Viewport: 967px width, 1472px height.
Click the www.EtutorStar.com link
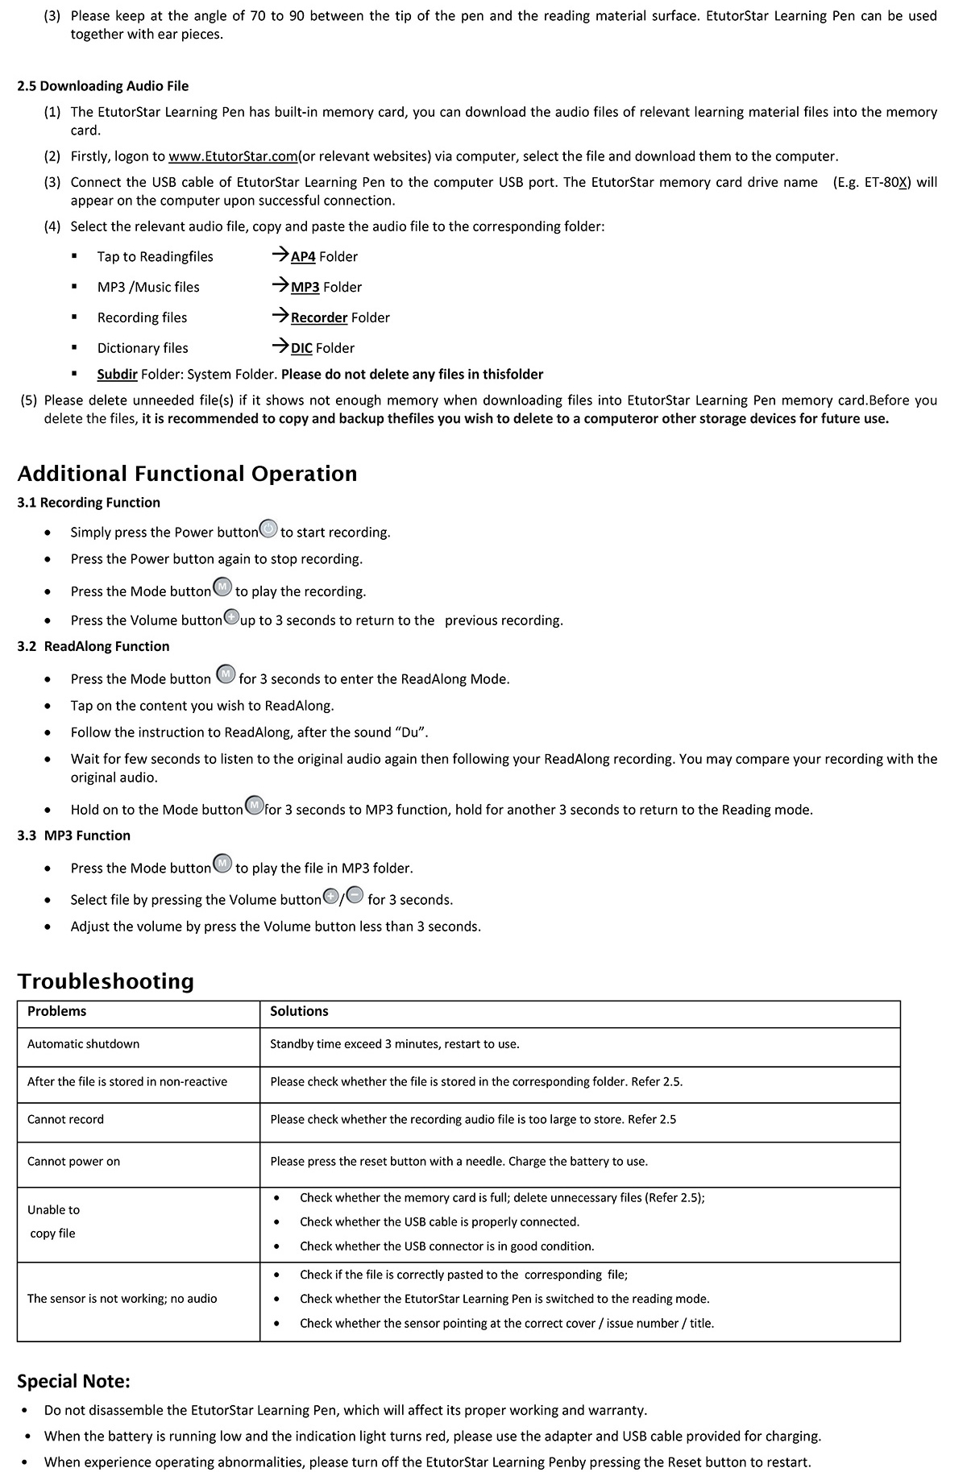click(x=233, y=156)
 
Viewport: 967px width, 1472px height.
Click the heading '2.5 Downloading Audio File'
click(x=103, y=86)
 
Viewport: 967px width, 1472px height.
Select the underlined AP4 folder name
click(x=303, y=257)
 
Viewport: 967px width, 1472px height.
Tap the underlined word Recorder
click(x=319, y=318)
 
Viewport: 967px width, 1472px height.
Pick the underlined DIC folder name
click(x=301, y=348)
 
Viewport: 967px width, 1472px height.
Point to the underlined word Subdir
click(x=117, y=375)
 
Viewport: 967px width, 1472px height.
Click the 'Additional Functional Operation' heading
click(x=187, y=474)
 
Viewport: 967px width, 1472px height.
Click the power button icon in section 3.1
click(x=269, y=530)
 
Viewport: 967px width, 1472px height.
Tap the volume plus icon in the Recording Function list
click(x=231, y=618)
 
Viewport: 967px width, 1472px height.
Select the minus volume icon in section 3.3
click(x=355, y=897)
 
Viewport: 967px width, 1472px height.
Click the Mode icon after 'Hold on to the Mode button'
click(x=254, y=806)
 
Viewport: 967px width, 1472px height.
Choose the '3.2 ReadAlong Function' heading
click(x=93, y=646)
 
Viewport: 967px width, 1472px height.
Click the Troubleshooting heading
click(x=106, y=981)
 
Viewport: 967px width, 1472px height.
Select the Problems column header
click(x=56, y=1012)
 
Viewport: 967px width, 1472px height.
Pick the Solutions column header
click(x=299, y=1012)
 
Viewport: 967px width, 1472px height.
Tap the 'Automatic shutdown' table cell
click(x=83, y=1044)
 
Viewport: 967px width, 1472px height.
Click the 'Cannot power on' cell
click(x=73, y=1162)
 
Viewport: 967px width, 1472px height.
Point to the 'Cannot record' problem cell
click(x=65, y=1120)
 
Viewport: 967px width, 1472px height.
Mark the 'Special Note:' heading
click(x=73, y=1382)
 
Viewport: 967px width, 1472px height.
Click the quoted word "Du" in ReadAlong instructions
click(x=410, y=732)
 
